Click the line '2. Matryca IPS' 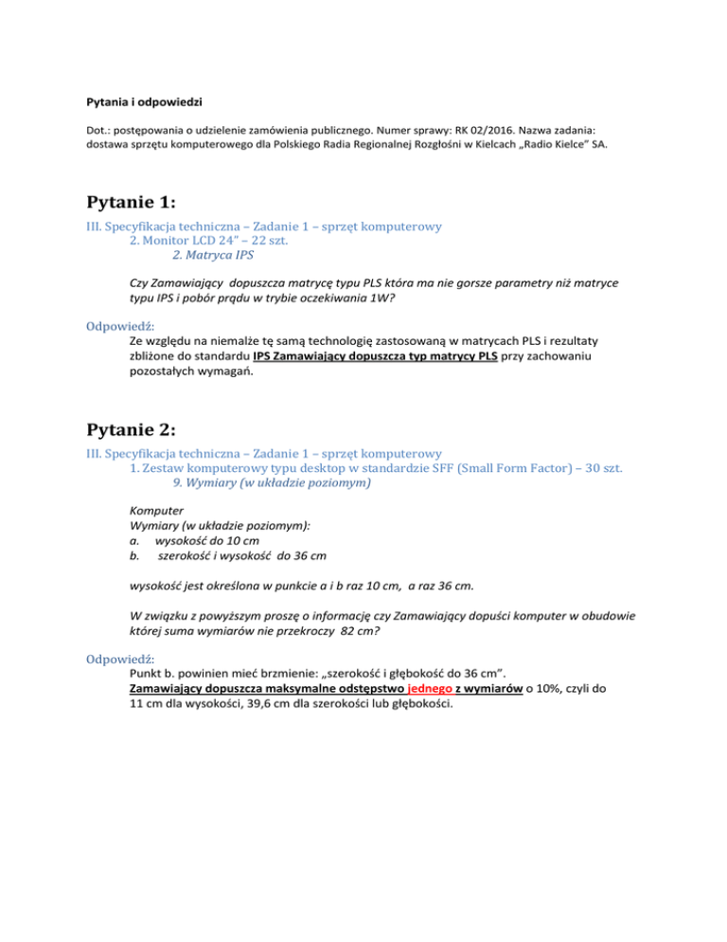coord(213,255)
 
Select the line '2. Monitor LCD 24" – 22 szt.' coord(217,241)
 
